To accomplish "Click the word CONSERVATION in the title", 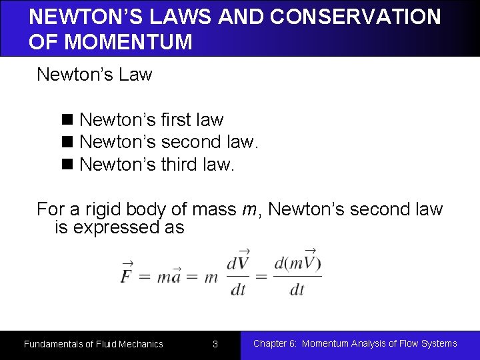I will tap(348, 17).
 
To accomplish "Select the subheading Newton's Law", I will tap(95, 74).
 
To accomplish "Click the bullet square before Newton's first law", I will tap(67, 121).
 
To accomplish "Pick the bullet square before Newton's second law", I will tap(67, 143).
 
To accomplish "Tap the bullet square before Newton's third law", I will tap(67, 165).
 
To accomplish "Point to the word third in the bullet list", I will tap(180, 164).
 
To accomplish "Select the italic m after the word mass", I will tap(247, 210).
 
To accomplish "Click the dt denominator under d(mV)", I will tap(297, 289).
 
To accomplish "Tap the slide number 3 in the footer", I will tap(215, 344).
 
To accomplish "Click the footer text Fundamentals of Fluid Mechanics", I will tap(93, 344).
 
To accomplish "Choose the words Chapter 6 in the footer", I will tap(274, 343).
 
